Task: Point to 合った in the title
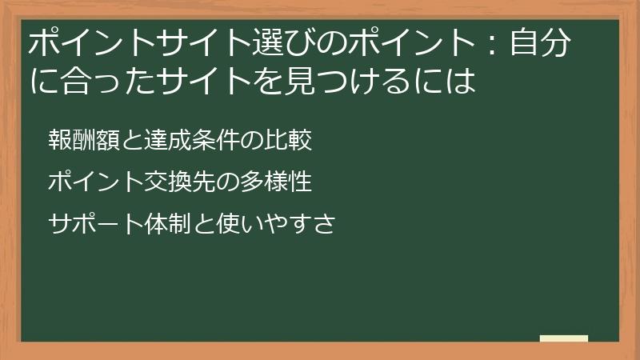(x=104, y=81)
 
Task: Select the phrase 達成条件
(x=191, y=141)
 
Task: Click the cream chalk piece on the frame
(x=563, y=338)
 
